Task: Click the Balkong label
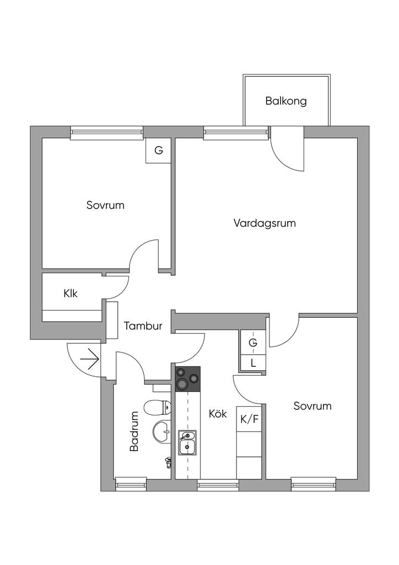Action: point(286,101)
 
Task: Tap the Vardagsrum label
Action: point(265,223)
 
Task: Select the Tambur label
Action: point(143,326)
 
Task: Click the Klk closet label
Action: point(71,294)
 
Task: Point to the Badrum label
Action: point(134,431)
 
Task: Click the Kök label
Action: point(218,414)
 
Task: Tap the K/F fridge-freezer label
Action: point(249,419)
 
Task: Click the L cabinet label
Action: point(254,363)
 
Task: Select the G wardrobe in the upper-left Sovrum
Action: point(158,150)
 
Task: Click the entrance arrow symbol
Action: point(90,359)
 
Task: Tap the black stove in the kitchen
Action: point(187,379)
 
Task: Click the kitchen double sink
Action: point(187,443)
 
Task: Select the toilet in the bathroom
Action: point(158,408)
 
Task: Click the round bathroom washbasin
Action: point(162,431)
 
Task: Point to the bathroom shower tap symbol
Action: point(168,462)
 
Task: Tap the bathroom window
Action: point(131,484)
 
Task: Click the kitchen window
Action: point(218,484)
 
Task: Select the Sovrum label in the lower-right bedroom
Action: point(312,406)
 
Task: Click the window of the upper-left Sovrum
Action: point(107,132)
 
